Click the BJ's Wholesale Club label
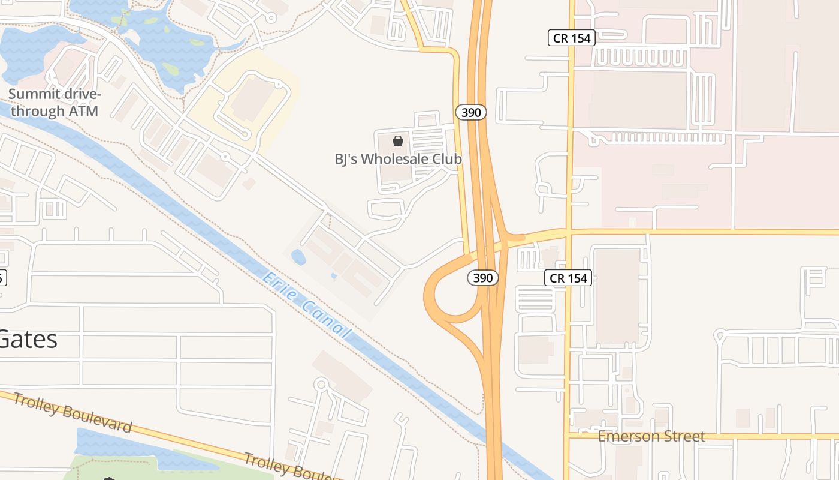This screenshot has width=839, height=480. coord(398,159)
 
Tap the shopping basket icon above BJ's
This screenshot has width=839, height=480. coord(397,141)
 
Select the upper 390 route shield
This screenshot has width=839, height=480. coord(471,112)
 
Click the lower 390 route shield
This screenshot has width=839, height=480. coord(483,278)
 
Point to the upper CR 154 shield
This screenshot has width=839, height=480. coord(572,38)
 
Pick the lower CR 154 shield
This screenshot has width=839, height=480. coord(568,278)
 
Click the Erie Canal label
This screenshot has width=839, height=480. coord(306,304)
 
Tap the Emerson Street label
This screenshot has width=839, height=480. coord(651,436)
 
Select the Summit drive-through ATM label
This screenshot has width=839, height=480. coord(54,103)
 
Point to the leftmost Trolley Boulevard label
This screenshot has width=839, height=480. coord(72,412)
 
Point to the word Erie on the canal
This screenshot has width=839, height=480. coord(276,283)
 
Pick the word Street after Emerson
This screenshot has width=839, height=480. coord(686,436)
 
